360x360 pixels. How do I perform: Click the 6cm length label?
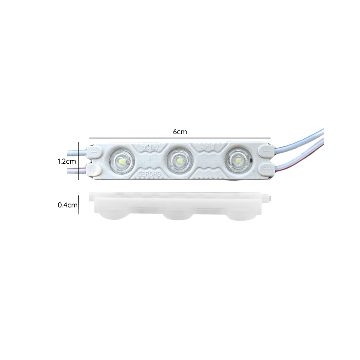coord(180,132)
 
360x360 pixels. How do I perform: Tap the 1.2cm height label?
coord(67,162)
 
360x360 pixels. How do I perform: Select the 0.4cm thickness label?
coord(67,205)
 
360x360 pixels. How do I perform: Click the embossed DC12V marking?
coord(150,147)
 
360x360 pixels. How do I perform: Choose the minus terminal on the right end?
coord(267,150)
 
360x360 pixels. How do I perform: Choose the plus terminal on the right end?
coord(266,167)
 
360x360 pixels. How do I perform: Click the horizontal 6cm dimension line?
coord(180,138)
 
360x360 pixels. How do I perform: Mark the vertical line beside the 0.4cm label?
coord(78,205)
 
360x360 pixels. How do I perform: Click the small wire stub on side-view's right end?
coord(270,198)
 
